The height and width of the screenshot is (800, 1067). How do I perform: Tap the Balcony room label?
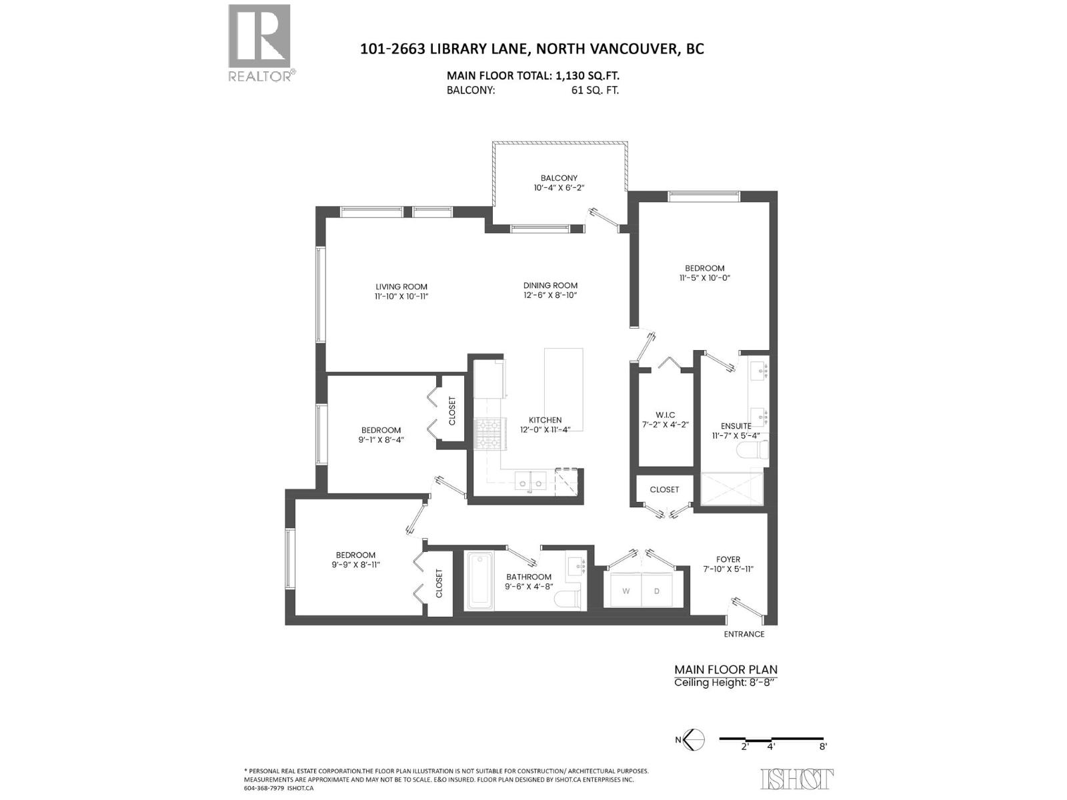tap(559, 178)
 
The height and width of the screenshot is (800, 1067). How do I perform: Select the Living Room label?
tap(401, 287)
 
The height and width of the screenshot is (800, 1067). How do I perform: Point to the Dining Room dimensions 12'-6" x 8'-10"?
tap(550, 295)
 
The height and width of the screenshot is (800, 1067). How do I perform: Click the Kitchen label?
tap(545, 419)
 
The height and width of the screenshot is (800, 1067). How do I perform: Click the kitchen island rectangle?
tap(564, 389)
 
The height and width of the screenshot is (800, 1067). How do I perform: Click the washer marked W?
tap(626, 591)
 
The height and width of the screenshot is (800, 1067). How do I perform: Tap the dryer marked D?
tap(657, 591)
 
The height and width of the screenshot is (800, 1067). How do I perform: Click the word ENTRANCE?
tap(744, 634)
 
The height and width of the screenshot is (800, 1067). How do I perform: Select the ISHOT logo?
tap(796, 778)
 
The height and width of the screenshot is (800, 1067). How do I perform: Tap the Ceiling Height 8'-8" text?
tap(726, 682)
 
